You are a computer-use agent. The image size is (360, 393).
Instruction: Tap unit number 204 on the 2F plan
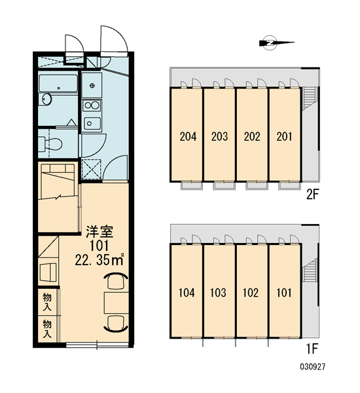click(188, 137)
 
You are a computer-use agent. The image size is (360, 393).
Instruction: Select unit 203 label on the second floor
click(220, 137)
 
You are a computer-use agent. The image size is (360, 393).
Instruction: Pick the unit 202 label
click(252, 137)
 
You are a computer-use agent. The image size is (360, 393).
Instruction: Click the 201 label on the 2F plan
click(284, 137)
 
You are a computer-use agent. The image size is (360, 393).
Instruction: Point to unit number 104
click(187, 293)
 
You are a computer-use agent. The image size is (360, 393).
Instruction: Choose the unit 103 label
click(218, 293)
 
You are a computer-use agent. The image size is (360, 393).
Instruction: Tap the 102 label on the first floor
click(251, 293)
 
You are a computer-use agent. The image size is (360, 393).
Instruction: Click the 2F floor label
click(312, 194)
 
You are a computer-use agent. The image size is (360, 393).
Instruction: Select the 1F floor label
click(312, 349)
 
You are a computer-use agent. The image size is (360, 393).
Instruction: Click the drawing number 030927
click(313, 367)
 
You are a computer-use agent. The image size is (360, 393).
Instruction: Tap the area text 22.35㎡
click(99, 261)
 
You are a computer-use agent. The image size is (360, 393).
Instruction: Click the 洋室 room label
click(99, 232)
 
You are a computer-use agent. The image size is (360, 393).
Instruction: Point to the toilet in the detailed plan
click(50, 144)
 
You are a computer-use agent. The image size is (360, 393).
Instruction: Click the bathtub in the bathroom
click(58, 83)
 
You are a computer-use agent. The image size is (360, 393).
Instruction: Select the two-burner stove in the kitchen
click(92, 105)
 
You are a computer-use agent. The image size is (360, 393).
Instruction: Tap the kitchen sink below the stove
click(92, 123)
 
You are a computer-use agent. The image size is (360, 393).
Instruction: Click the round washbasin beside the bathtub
click(46, 99)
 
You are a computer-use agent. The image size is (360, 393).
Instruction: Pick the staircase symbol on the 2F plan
click(309, 98)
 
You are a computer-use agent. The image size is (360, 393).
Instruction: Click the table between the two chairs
click(117, 303)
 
